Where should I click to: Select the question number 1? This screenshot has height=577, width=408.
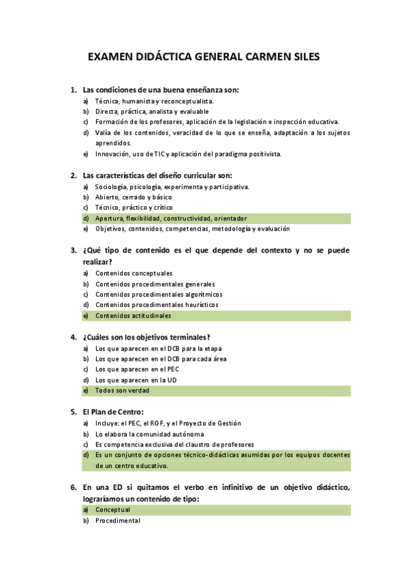coord(73,90)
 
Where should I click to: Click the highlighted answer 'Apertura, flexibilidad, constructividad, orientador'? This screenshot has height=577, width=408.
coord(171,218)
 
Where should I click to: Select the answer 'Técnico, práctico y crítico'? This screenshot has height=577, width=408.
coord(134,208)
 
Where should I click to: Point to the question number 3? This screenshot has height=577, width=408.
coord(73,250)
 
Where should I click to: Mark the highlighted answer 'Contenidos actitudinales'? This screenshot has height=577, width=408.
coord(134,316)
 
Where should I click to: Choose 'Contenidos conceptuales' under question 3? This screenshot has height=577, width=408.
coord(134,273)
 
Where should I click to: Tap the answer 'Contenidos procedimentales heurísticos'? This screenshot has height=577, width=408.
coord(157,305)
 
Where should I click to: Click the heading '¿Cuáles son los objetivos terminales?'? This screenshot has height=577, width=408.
coord(146,337)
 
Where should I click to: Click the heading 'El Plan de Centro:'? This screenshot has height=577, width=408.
coord(113,412)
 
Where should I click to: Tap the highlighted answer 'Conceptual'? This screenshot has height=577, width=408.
coord(112,510)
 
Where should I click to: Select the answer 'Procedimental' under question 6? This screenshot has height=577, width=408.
coord(118,521)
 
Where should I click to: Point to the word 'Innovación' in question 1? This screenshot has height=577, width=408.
coord(112,154)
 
